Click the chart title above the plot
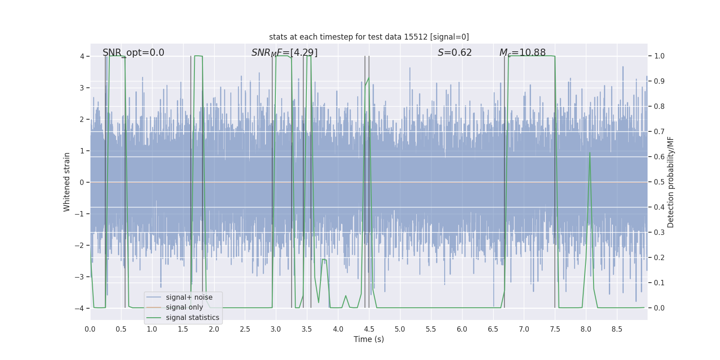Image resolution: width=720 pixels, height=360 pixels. click(369, 37)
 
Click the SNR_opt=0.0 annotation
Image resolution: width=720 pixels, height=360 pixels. click(133, 53)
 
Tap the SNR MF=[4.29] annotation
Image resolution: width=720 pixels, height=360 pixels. click(284, 53)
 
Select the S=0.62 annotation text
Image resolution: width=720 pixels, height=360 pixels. click(454, 53)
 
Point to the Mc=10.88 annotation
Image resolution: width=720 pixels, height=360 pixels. click(522, 53)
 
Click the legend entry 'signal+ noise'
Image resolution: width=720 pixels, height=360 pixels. click(189, 297)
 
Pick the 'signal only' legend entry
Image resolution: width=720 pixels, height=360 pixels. click(184, 307)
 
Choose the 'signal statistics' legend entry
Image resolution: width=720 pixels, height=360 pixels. click(192, 318)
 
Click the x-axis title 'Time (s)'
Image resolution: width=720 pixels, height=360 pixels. click(369, 339)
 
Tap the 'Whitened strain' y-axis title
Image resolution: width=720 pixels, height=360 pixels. click(67, 182)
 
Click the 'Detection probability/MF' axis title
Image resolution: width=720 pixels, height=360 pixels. click(670, 182)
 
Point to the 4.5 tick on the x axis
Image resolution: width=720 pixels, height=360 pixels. click(369, 329)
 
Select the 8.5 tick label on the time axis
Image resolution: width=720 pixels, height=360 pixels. click(616, 329)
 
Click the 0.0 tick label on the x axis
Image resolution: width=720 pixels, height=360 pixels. click(90, 329)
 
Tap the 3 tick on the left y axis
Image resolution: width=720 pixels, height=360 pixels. click(82, 88)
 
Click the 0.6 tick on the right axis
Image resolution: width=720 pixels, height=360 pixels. click(659, 157)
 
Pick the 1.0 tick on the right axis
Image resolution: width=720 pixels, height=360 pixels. click(659, 56)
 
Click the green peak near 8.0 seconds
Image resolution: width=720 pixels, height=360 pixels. click(589, 153)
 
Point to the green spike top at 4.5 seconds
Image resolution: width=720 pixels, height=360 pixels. click(369, 78)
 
